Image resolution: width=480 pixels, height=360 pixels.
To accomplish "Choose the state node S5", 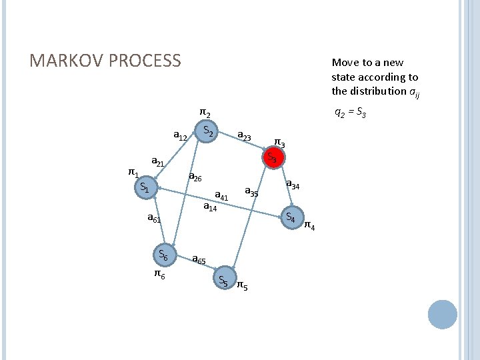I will click(x=223, y=281).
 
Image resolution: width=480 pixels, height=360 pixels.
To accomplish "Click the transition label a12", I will click(x=180, y=136).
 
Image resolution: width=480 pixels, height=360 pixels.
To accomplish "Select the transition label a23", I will click(x=244, y=136).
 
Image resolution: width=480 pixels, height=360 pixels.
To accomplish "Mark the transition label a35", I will click(x=251, y=192).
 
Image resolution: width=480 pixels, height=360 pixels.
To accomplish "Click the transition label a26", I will click(x=195, y=177).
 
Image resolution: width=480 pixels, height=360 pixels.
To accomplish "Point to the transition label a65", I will click(x=198, y=259).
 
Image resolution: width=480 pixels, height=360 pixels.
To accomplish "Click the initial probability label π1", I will click(x=133, y=173).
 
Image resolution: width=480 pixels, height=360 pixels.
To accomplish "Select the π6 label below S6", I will click(x=160, y=274).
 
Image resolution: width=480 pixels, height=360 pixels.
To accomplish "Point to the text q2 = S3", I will click(x=349, y=113).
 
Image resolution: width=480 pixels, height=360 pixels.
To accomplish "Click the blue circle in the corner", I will click(x=443, y=315).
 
